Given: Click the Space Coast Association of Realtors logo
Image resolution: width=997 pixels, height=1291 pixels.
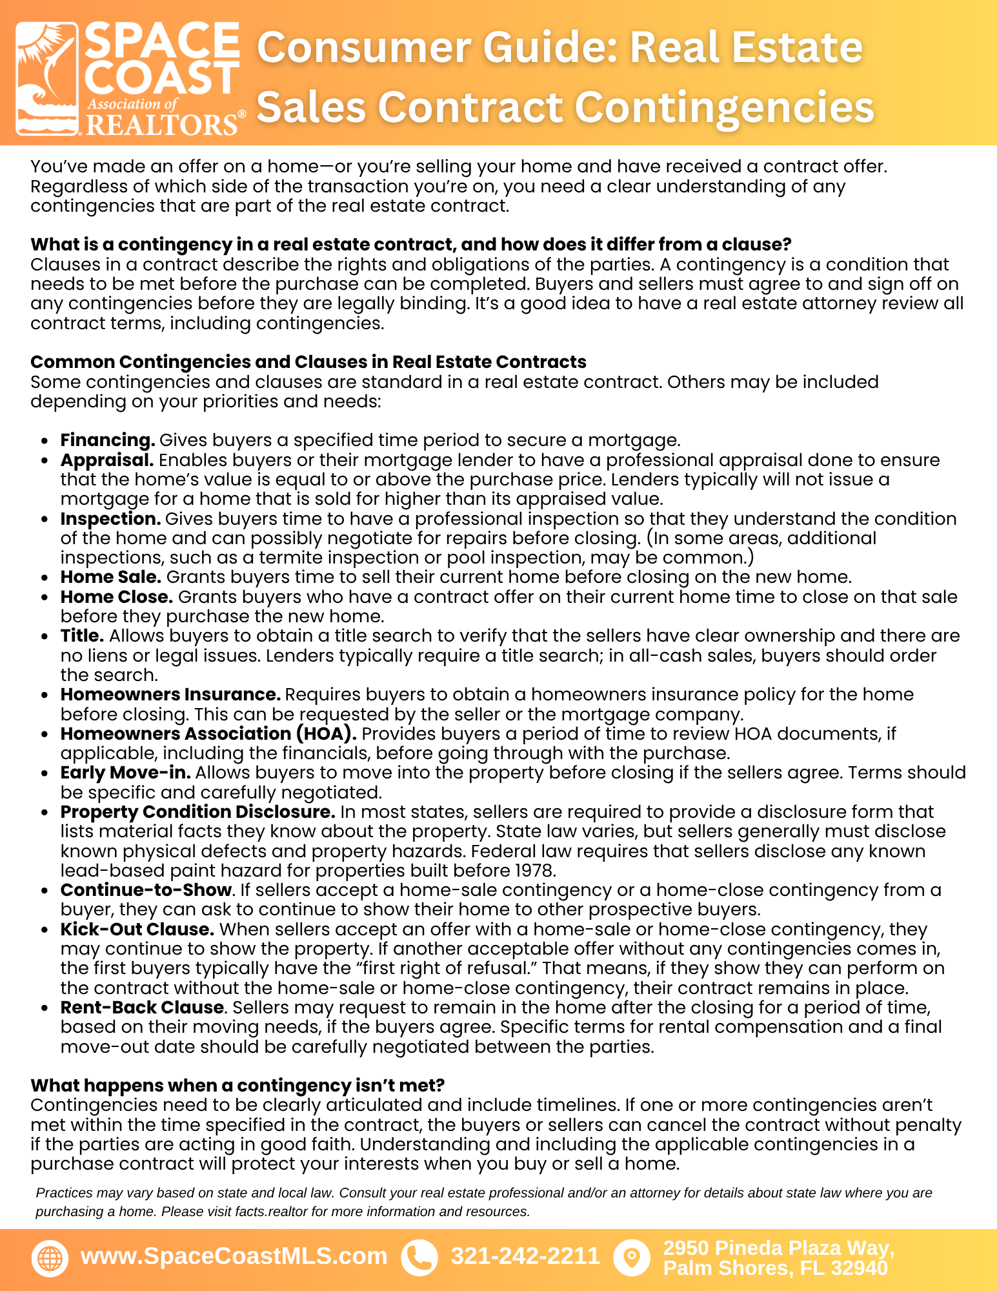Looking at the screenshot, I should pos(129,79).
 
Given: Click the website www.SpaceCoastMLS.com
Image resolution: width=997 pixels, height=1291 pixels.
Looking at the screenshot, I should pos(234,1256).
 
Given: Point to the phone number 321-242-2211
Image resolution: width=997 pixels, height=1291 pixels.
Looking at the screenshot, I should pos(525,1256).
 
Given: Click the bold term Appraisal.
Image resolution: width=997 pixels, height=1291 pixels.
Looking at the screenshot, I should pos(107,460).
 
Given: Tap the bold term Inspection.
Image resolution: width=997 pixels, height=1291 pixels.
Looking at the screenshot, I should pos(110,519).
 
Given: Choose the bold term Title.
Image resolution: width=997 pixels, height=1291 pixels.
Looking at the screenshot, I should pos(82,636).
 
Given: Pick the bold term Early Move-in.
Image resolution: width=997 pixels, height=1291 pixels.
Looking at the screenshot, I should pos(125,773).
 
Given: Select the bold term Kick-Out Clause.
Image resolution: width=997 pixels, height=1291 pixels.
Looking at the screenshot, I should pos(137,930).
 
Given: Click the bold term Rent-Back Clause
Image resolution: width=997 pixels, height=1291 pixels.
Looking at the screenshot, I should pos(142,1008).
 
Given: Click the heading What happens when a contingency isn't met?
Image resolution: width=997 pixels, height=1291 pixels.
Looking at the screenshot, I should pos(237,1086).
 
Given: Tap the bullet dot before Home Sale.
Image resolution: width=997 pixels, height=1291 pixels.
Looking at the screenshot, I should pos(45,578).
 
